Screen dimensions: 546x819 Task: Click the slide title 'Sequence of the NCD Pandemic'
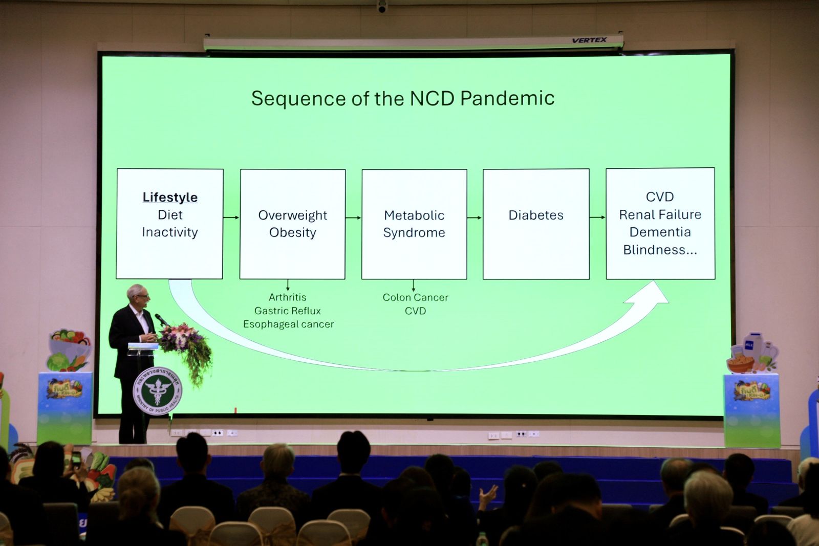coord(402,98)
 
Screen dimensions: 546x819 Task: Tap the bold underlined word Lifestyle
coord(170,197)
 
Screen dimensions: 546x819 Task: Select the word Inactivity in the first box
coord(170,232)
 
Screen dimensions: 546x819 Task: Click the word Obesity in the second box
coord(293,232)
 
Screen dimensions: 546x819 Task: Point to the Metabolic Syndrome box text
coord(414,224)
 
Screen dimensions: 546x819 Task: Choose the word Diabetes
coord(536,215)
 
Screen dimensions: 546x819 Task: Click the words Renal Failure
coord(660,214)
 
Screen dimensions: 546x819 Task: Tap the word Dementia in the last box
coord(660,232)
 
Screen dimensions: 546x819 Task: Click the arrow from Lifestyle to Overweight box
coord(231,217)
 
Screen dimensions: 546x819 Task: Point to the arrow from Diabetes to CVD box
coord(597,217)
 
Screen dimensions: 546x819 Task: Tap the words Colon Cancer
coord(415,297)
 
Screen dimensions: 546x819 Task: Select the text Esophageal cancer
coord(288,324)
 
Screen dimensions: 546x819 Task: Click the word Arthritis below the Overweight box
coord(288,297)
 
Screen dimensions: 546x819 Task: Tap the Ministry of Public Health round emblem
coord(157,391)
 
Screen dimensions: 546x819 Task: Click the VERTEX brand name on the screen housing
coord(589,40)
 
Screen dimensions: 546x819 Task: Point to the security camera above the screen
coord(382,7)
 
